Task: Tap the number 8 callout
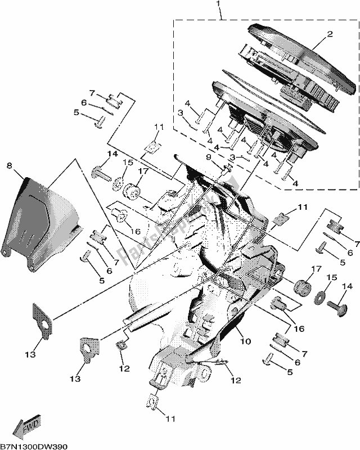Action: pos(9,165)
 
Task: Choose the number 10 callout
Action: pos(246,341)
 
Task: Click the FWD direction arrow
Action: pos(26,429)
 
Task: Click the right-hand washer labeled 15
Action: pos(322,296)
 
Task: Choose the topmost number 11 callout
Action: pos(160,128)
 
